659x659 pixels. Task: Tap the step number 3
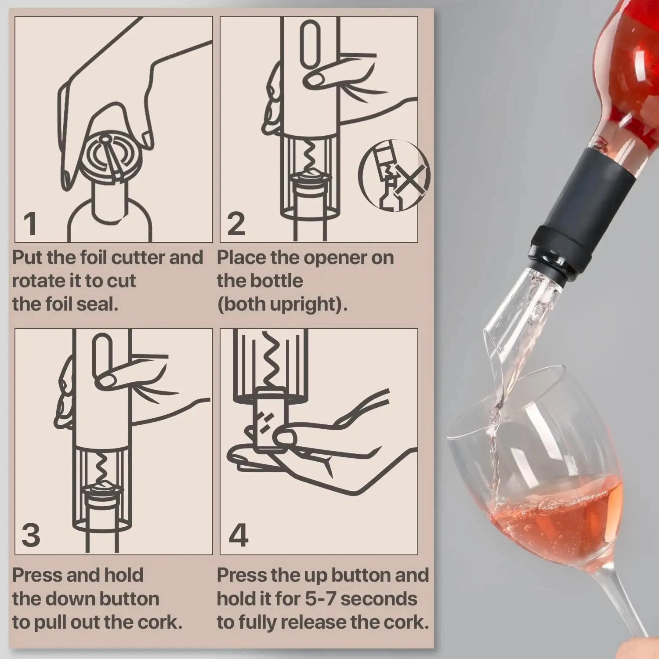31,535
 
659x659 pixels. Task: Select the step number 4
238,535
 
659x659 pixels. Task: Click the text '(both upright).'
282,304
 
